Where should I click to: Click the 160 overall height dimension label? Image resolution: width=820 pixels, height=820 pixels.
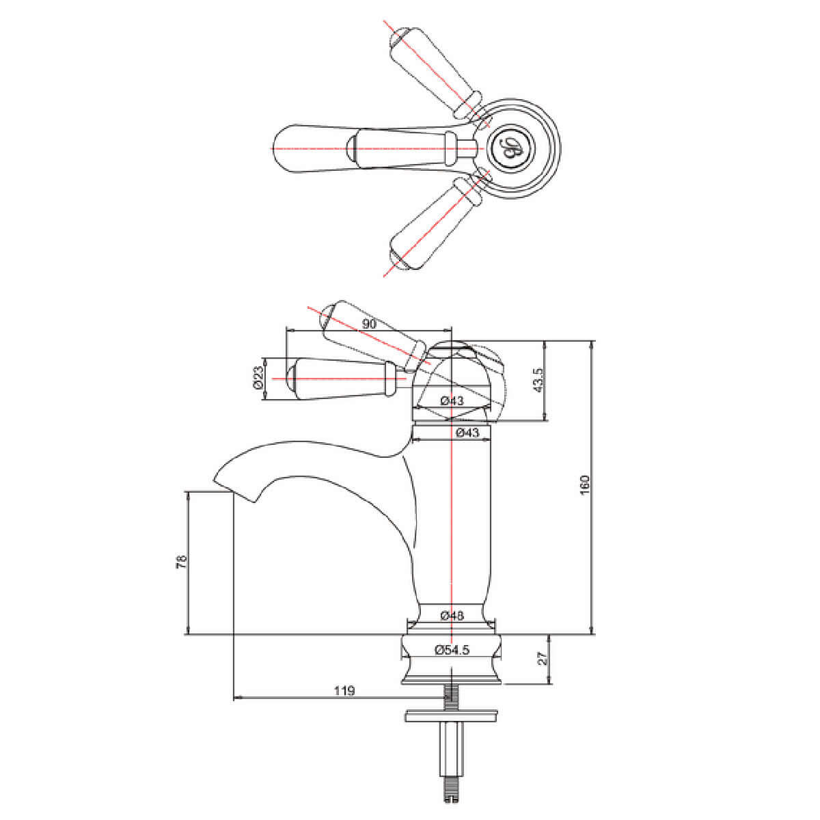click(x=585, y=484)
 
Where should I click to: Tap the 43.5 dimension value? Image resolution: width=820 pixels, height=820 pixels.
click(x=538, y=380)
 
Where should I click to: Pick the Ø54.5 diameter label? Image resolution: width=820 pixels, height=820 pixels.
click(x=452, y=650)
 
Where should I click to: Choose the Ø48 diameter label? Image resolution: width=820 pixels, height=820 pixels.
click(x=452, y=615)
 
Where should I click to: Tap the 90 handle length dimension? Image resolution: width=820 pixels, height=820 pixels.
click(x=369, y=324)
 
